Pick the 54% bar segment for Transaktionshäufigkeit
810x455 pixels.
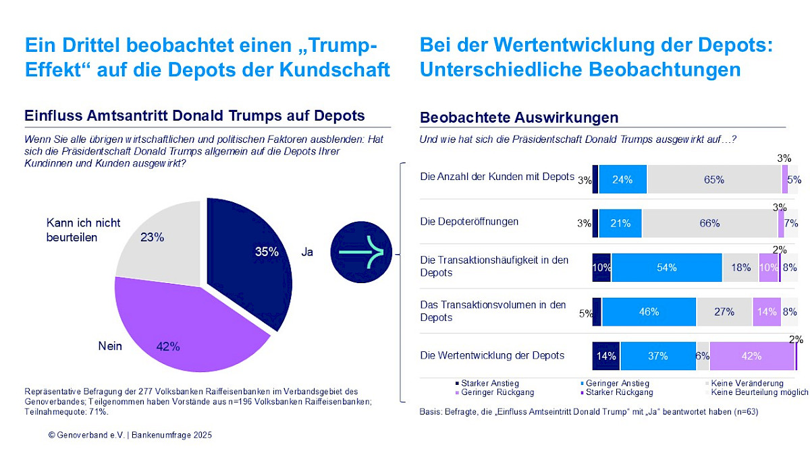point(666,268)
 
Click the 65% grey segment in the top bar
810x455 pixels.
point(713,179)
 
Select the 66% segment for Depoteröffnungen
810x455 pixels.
point(709,224)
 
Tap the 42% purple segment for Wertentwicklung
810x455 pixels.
point(751,356)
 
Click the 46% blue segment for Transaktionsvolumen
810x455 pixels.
point(649,312)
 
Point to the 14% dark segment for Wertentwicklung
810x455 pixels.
point(606,356)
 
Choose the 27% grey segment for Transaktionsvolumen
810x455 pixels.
point(724,312)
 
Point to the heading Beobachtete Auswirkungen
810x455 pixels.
point(519,118)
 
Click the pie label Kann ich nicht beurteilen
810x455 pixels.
point(82,229)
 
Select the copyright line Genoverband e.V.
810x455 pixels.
point(130,435)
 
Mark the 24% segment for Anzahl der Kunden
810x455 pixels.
point(622,179)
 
